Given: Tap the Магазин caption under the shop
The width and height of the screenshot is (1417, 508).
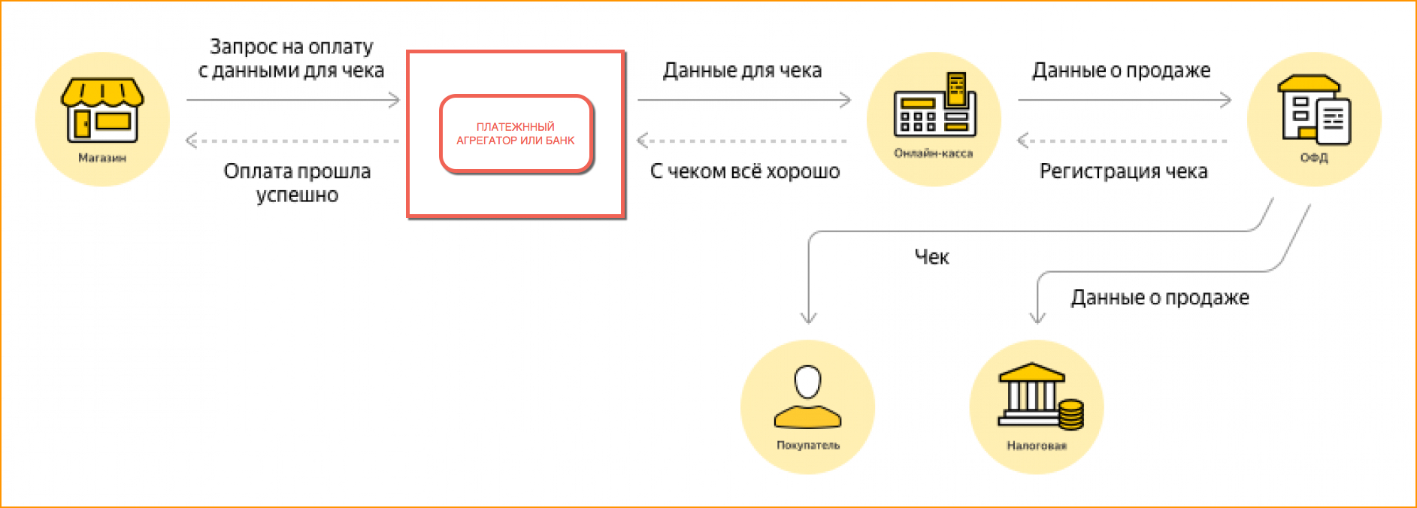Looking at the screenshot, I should (102, 158).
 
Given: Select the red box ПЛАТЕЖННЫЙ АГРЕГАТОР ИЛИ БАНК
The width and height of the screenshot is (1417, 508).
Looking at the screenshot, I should (516, 134).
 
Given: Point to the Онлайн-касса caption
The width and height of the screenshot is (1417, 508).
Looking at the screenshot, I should (934, 153).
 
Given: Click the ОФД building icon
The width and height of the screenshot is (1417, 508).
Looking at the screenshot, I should (1315, 110).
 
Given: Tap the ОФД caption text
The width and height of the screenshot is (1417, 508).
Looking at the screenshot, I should (1314, 158).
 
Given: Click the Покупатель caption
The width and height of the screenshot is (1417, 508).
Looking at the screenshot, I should (808, 446).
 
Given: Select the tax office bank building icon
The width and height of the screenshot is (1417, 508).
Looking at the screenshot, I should (1031, 395).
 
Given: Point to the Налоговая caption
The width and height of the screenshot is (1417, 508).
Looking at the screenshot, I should (1037, 446).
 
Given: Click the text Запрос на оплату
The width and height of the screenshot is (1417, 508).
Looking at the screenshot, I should (291, 47).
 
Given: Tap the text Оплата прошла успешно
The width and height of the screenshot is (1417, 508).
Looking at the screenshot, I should (297, 183).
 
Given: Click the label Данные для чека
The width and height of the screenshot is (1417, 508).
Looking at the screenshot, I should (742, 71).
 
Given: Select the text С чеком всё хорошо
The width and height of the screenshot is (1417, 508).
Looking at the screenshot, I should (744, 171).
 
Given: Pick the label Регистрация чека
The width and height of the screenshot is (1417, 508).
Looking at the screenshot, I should (1123, 171).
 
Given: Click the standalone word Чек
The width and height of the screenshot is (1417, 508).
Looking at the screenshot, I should (931, 257).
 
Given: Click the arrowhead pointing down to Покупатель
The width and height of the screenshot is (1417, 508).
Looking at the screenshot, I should (809, 318).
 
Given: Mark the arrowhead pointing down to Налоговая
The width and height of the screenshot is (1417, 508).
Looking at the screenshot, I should (1037, 318).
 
